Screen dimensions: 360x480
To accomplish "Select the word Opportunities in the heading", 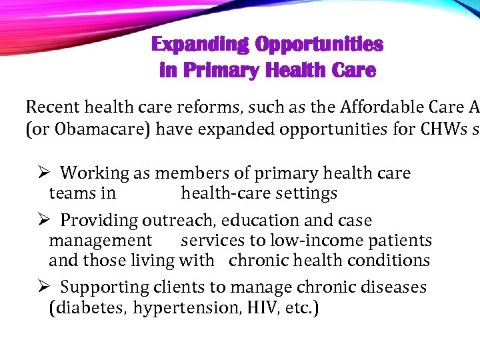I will (319, 45).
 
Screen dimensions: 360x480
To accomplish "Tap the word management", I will (101, 241).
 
